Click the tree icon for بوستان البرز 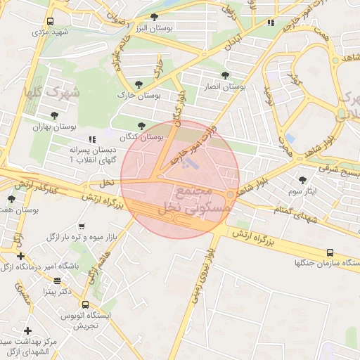click(155, 17)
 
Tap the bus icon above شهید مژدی click(50, 22)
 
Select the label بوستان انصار click(223, 86)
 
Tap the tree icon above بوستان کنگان click(141, 126)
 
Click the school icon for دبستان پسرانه click(91, 139)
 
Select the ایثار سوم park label click(303, 191)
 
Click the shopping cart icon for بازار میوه click(83, 226)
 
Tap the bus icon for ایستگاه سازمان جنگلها click(330, 252)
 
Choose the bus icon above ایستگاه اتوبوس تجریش click(85, 305)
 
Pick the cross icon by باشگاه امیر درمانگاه click(20, 256)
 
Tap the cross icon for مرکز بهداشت click(27, 330)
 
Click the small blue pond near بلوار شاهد click(290, 138)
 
